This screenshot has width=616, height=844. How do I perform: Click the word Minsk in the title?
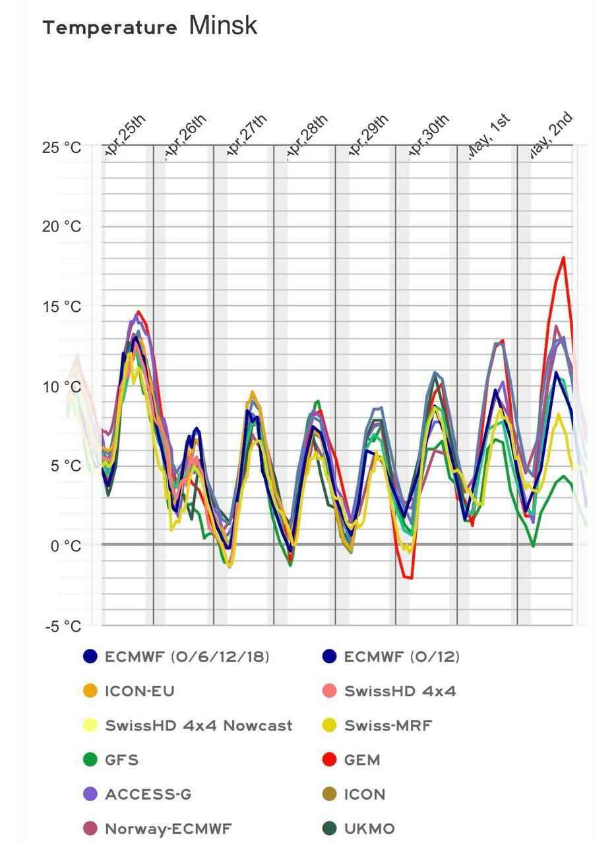(x=223, y=26)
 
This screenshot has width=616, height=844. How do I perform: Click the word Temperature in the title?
(x=109, y=28)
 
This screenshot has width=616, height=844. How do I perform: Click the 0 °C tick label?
(x=66, y=546)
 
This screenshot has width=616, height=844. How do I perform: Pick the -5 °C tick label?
(x=63, y=626)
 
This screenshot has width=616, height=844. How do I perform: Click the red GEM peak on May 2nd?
(x=564, y=258)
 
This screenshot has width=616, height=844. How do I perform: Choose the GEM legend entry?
(x=361, y=760)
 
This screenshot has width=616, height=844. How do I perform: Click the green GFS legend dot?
(x=90, y=760)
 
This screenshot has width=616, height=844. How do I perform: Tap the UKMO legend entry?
(x=369, y=829)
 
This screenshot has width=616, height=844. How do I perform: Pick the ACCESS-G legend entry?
(x=148, y=795)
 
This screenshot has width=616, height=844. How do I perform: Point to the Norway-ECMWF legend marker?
(x=90, y=829)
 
